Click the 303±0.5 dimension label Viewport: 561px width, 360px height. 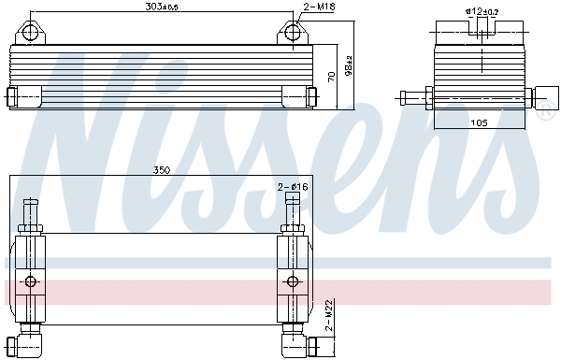(x=162, y=7)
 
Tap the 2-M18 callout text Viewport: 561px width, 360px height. (x=319, y=7)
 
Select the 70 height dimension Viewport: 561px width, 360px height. (x=332, y=77)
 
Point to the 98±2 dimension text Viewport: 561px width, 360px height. (x=349, y=65)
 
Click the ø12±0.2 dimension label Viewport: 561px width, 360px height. (x=482, y=11)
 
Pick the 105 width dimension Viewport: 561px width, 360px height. (x=479, y=122)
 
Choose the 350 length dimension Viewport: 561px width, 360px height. (x=162, y=170)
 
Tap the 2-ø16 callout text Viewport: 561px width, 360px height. (x=293, y=187)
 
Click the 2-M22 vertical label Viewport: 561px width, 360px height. (x=329, y=315)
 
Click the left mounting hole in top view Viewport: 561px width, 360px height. (x=30, y=33)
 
